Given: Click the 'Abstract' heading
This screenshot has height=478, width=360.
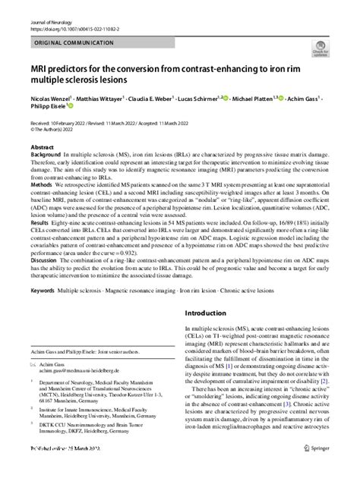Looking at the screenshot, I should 43,144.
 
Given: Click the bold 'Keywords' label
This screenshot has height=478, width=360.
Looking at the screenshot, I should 43,291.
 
